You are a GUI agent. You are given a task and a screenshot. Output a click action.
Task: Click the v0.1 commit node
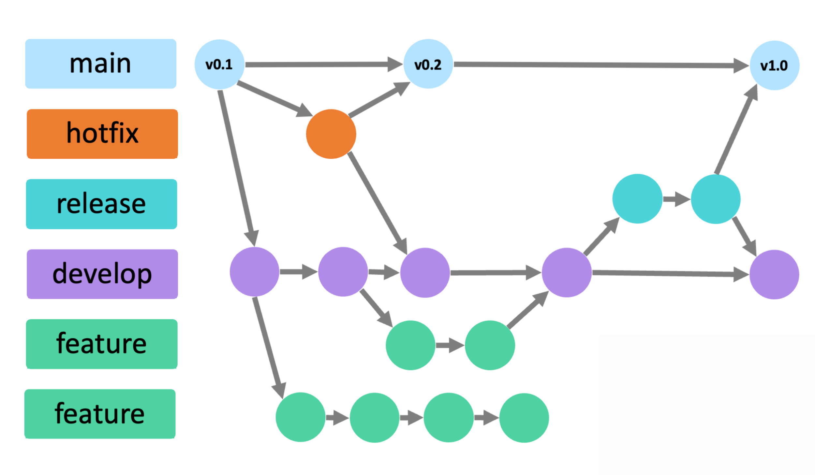219,65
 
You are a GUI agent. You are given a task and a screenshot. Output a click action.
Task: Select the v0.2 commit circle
428,64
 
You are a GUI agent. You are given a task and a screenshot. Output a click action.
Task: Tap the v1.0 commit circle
774,65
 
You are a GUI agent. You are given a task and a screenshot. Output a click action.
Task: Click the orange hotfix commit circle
331,134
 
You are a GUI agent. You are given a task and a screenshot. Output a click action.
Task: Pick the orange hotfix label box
102,134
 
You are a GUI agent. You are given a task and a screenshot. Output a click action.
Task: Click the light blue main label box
101,64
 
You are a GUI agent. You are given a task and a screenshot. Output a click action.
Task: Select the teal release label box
101,204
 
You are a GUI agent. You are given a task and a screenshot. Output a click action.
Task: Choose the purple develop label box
102,274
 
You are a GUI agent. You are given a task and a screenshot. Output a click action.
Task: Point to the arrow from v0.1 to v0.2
323,65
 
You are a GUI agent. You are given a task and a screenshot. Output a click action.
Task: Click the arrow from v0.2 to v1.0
600,65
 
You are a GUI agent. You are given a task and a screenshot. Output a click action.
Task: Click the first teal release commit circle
637,199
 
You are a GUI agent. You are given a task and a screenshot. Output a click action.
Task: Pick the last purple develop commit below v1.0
774,274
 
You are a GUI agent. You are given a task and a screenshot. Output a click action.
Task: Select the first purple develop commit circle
254,272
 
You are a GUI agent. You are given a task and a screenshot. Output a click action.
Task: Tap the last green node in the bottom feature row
524,418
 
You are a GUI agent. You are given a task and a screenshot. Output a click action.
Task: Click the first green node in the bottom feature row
300,417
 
